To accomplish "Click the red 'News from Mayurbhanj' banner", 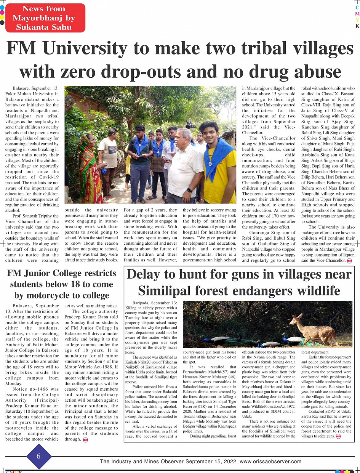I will pos(45,18).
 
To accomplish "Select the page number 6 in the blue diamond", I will pos(39,457).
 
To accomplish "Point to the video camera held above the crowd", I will pos(190,124).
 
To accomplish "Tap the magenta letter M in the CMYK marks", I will pos(357,14).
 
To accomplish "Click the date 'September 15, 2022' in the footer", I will pos(213,462).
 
